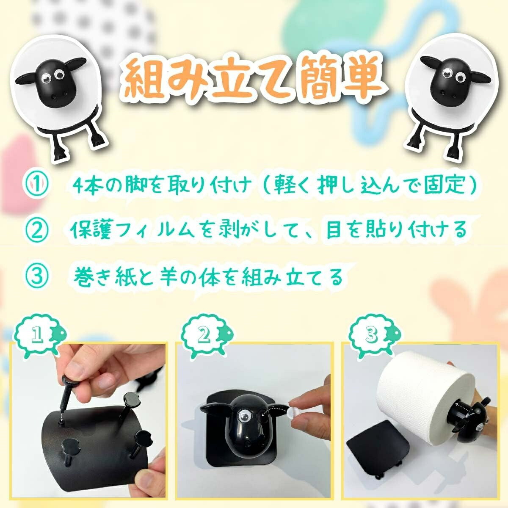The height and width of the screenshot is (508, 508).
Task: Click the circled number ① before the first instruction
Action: [37, 185]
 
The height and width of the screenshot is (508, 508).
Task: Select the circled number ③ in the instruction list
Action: [37, 276]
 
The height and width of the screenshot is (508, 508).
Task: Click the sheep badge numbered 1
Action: [39, 336]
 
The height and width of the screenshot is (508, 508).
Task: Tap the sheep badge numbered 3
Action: [374, 336]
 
